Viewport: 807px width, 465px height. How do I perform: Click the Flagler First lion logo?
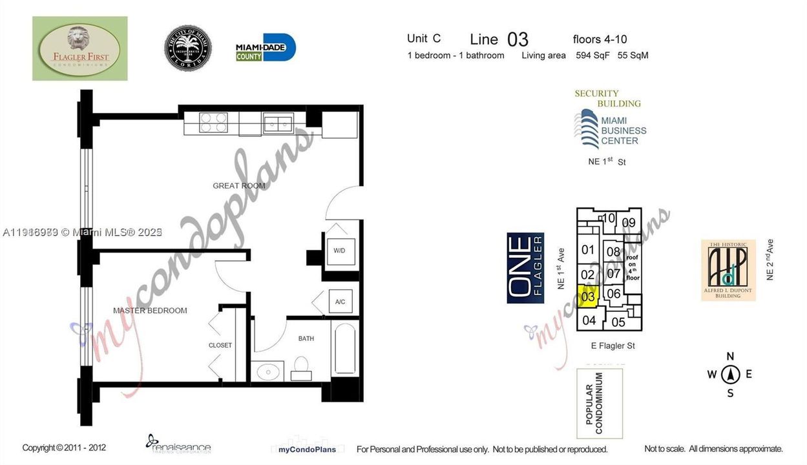pyautogui.click(x=80, y=48)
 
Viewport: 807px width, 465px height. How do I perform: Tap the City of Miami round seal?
pyautogui.click(x=188, y=48)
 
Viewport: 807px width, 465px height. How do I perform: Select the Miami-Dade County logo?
pyautogui.click(x=265, y=48)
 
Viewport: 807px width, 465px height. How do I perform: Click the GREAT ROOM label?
pyautogui.click(x=239, y=186)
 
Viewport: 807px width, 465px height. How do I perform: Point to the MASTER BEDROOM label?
pyautogui.click(x=150, y=311)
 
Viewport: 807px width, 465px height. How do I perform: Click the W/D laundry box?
pyautogui.click(x=339, y=251)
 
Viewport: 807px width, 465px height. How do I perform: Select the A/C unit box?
pyautogui.click(x=339, y=302)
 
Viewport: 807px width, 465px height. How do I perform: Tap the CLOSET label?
pyautogui.click(x=220, y=346)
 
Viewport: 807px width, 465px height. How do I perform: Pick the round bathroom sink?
pyautogui.click(x=266, y=371)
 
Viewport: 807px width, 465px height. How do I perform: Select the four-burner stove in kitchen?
pyautogui.click(x=213, y=122)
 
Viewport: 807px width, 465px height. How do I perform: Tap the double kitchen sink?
pyautogui.click(x=278, y=122)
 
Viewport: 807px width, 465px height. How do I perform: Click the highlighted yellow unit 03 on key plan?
pyautogui.click(x=587, y=298)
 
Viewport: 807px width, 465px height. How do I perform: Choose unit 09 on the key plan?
pyautogui.click(x=629, y=223)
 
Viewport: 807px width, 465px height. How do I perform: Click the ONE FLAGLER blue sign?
pyautogui.click(x=525, y=268)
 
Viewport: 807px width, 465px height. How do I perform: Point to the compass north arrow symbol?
pyautogui.click(x=730, y=374)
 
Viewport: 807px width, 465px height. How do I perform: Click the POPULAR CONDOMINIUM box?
pyautogui.click(x=600, y=404)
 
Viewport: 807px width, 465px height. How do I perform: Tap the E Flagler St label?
pyautogui.click(x=613, y=346)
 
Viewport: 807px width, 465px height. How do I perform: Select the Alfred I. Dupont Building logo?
pyautogui.click(x=728, y=270)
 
